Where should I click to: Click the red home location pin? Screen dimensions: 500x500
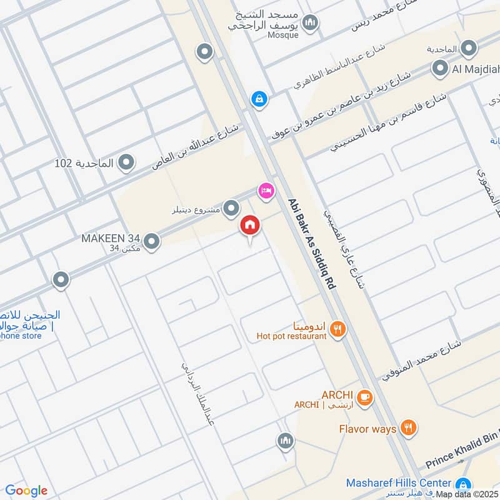click(x=250, y=226)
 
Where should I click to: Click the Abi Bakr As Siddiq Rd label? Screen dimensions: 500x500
click(x=312, y=243)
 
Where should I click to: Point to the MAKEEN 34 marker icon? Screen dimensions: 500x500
click(x=151, y=241)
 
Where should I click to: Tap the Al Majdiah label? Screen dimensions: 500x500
click(x=472, y=69)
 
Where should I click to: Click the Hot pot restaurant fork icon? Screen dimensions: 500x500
click(x=338, y=329)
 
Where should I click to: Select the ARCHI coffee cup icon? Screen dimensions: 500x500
click(x=364, y=396)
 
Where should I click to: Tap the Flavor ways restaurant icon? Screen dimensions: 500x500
click(x=409, y=428)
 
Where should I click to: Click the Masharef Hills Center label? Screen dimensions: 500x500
click(x=399, y=483)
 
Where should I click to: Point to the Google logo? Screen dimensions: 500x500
click(x=26, y=491)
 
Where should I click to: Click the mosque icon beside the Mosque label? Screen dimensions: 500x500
click(x=309, y=24)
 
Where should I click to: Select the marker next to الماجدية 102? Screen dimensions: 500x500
click(x=126, y=163)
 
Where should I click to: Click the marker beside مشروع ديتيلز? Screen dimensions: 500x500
click(x=232, y=207)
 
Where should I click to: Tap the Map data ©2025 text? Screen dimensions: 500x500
click(x=467, y=494)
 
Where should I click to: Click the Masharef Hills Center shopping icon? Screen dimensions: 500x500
click(x=463, y=484)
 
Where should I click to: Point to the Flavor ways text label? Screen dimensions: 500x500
click(x=367, y=429)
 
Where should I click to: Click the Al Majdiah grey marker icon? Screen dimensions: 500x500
click(x=441, y=69)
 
